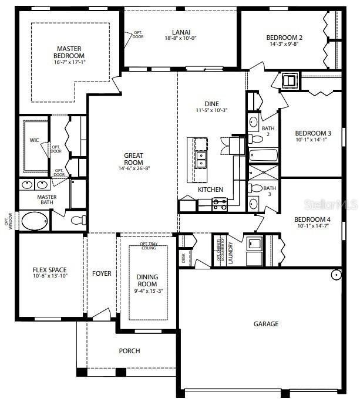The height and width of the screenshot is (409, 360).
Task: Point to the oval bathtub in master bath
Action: [35, 221]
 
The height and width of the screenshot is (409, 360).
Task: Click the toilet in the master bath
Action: [77, 221]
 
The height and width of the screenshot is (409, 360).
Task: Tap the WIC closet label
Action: [34, 140]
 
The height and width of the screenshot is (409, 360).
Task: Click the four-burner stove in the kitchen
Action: [219, 204]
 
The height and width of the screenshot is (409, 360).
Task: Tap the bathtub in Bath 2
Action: [263, 156]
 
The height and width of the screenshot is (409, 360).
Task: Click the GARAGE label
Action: [265, 324]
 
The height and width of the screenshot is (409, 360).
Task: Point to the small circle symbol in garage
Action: [337, 275]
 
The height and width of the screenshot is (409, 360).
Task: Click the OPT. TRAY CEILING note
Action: [148, 245]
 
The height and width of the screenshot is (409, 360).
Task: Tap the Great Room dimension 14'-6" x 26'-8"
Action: [133, 168]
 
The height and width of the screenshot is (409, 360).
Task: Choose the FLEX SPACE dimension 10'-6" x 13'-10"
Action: [49, 275]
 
